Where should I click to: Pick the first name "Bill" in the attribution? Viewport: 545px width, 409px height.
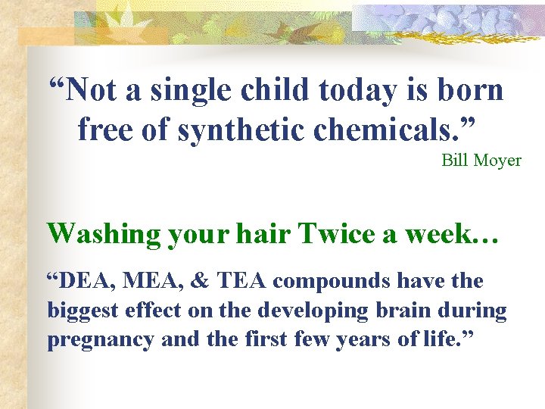[x=455, y=161]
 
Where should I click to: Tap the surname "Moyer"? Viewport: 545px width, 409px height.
[x=497, y=161]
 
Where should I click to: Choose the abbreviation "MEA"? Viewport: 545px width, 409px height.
[x=152, y=282]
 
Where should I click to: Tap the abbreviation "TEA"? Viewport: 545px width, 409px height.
[x=242, y=282]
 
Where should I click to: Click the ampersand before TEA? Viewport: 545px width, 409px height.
[x=199, y=282]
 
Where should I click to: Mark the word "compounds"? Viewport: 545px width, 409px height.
[x=332, y=282]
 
